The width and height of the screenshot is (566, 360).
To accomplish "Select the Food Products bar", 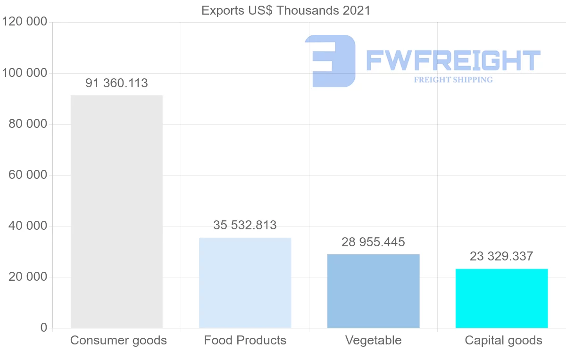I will pos(245,283).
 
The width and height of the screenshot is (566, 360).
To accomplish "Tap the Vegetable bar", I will pos(373,291).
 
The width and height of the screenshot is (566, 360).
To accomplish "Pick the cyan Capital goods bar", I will pos(501,298).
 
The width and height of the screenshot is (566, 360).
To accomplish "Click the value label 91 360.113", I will pos(117,84).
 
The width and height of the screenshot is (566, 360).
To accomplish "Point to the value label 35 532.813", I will pos(245,225).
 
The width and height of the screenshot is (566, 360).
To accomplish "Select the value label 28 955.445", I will pos(373,242).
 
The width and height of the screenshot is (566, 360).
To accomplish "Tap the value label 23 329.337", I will pos(501,256).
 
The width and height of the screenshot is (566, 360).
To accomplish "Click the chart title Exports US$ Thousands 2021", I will pos(286,10).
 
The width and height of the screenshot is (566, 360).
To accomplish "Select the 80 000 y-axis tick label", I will pos(28,124).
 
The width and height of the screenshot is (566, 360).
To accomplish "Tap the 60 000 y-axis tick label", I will pos(28,175).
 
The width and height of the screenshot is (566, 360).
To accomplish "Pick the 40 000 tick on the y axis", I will pos(28,226).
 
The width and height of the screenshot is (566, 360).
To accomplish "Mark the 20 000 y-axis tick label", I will pos(28,277).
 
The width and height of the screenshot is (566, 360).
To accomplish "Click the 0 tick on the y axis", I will pos(43,328).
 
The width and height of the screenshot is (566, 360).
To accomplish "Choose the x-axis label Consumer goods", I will pos(118,340).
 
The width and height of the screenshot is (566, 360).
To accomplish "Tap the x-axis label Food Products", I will pos(245,340).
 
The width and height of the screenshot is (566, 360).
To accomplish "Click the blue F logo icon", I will pos(330,61).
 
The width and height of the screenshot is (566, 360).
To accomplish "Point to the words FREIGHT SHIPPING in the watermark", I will pos(453,80).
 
